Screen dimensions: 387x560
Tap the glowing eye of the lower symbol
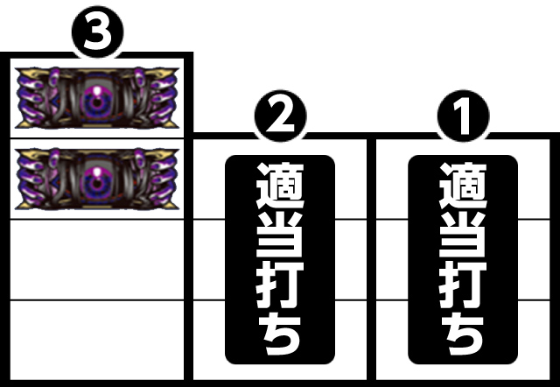(94, 179)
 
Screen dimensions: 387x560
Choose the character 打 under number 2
(280, 283)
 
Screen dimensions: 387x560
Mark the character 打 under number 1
(463, 283)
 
